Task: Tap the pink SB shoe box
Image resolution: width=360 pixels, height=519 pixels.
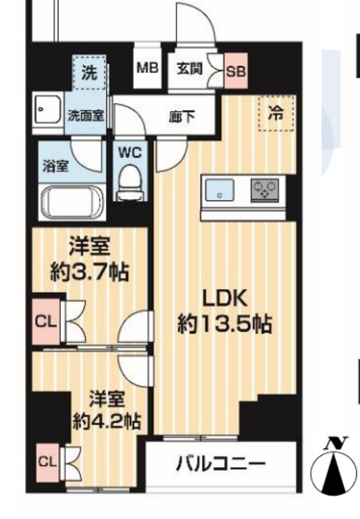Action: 236,71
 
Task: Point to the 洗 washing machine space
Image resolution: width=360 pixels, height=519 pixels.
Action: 90,71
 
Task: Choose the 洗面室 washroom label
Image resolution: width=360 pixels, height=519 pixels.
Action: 84,115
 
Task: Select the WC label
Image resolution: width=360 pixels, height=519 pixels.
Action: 130,151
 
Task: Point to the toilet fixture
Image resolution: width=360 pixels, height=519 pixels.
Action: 129,182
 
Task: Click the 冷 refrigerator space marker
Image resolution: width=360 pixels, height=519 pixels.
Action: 276,114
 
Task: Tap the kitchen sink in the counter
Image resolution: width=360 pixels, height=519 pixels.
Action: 221,193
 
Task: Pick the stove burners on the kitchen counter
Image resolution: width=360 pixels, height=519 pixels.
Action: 264,191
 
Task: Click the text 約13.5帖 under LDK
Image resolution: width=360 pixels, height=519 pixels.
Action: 224,324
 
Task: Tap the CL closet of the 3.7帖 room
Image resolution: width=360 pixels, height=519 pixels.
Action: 45,321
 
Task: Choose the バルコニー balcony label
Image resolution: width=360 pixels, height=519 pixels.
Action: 220,465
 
